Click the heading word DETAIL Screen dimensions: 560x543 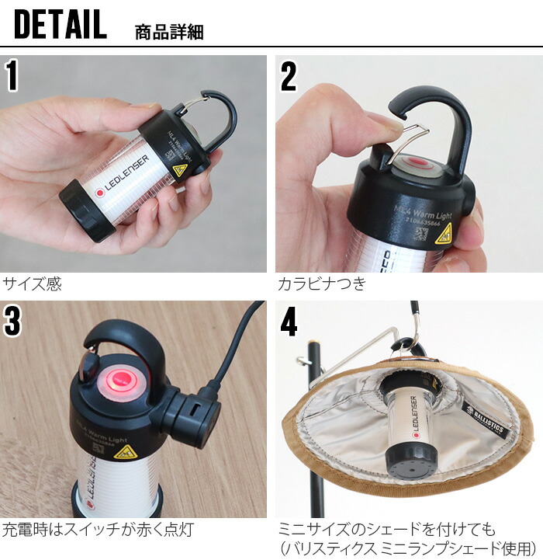point(60,25)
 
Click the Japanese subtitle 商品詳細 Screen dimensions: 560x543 point(169,32)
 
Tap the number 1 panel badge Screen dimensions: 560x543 point(13,75)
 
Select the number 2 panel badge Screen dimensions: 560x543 point(288,75)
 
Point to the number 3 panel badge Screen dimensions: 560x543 point(13,322)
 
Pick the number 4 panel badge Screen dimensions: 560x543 point(289,322)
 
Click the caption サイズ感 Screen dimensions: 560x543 point(32,284)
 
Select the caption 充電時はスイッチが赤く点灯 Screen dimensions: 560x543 point(98,530)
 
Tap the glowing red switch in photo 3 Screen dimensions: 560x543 point(121,379)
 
